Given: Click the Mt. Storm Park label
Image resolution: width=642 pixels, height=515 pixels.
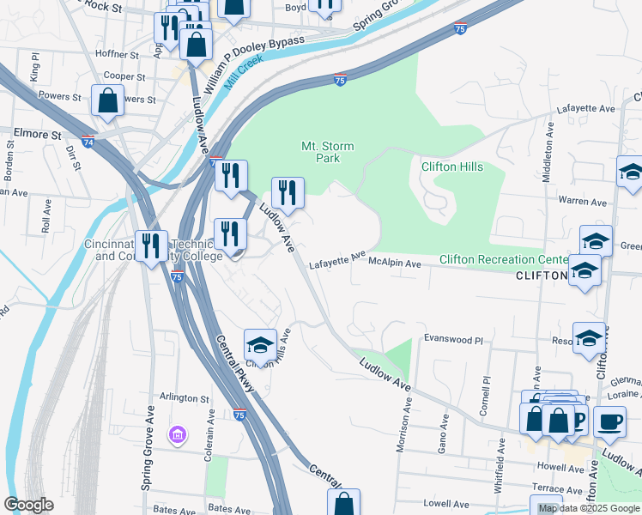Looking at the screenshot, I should tap(327, 152).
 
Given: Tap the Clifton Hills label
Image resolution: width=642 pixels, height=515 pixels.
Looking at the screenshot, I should tap(451, 167).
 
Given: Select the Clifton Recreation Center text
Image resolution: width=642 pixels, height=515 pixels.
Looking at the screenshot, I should tap(504, 259).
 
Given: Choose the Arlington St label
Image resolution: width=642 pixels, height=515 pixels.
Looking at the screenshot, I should tap(185, 398).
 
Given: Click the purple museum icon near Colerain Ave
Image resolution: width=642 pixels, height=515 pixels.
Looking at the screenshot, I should tap(178, 436).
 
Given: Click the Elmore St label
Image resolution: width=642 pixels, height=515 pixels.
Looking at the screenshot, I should tap(38, 134).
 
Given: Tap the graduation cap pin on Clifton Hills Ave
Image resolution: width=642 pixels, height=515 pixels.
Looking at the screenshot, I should tap(260, 345).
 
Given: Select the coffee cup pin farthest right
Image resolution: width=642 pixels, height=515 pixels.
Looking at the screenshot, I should tap(609, 421).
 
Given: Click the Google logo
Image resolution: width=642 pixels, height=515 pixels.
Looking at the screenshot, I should tap(28, 505).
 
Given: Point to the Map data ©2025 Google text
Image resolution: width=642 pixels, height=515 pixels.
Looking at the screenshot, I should tap(589, 508).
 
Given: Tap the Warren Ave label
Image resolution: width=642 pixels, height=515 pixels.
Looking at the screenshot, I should tap(583, 202).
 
